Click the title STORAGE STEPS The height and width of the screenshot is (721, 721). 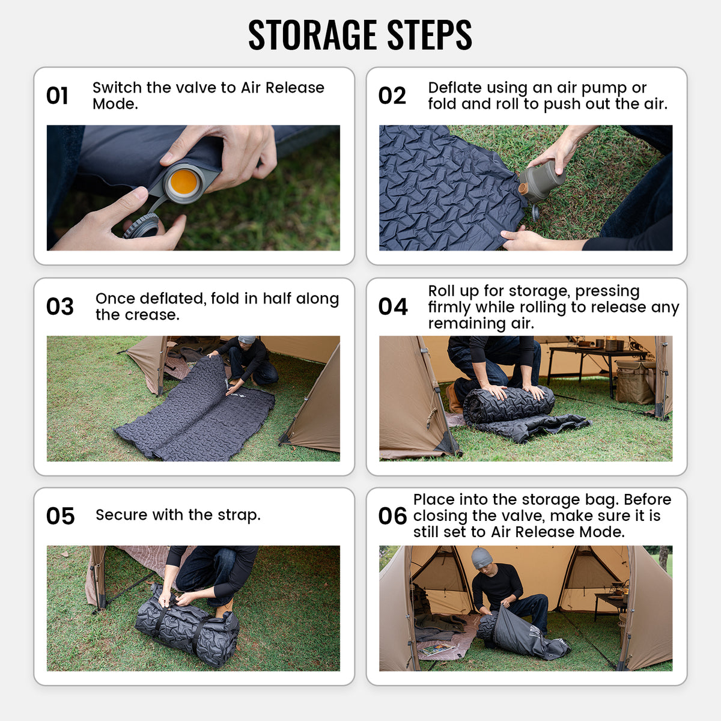pos(360,35)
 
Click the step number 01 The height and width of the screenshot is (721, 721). pos(58,96)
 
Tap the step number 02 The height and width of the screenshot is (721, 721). pos(392,96)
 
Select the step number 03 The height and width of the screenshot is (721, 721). pos(59,307)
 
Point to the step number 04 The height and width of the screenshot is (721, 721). pos(392,307)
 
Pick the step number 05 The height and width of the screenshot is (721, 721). pos(60,516)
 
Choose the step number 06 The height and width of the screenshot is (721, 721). pos(392,516)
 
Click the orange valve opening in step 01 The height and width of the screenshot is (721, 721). pos(183,181)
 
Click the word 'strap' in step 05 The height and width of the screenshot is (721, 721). pos(239,515)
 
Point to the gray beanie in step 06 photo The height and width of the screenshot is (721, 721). pos(481,558)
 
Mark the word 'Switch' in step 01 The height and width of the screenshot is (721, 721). pos(117,88)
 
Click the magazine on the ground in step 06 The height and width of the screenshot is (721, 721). pos(437,649)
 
